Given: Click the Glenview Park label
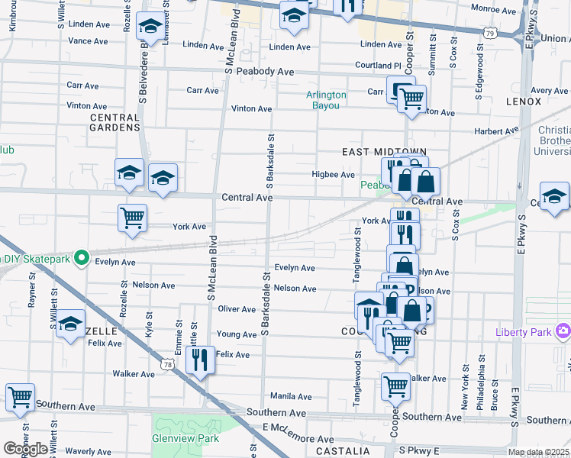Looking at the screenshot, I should coord(185,438).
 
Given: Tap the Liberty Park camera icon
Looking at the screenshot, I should coord(563,331).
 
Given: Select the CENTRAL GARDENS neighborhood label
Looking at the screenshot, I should coord(115,123).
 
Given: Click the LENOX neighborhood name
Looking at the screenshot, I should coord(522,101).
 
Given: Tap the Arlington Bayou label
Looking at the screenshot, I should coord(326,100).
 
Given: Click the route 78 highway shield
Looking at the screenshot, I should coord(177,366).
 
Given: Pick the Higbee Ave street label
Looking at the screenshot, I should coord(334,174).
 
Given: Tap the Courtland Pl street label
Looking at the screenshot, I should coord(377,66).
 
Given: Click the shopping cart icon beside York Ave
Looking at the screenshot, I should coord(132,218).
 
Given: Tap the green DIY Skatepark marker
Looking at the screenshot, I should coord(79,256).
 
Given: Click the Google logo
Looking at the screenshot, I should coord(25,449).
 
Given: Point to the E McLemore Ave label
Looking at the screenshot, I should coord(298,434).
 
